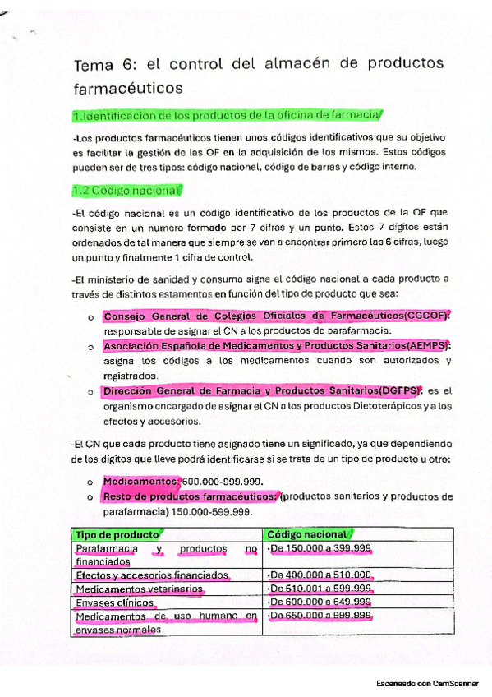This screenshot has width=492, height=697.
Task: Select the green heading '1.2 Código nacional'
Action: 126,191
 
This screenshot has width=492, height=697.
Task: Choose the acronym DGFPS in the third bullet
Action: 398,390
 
